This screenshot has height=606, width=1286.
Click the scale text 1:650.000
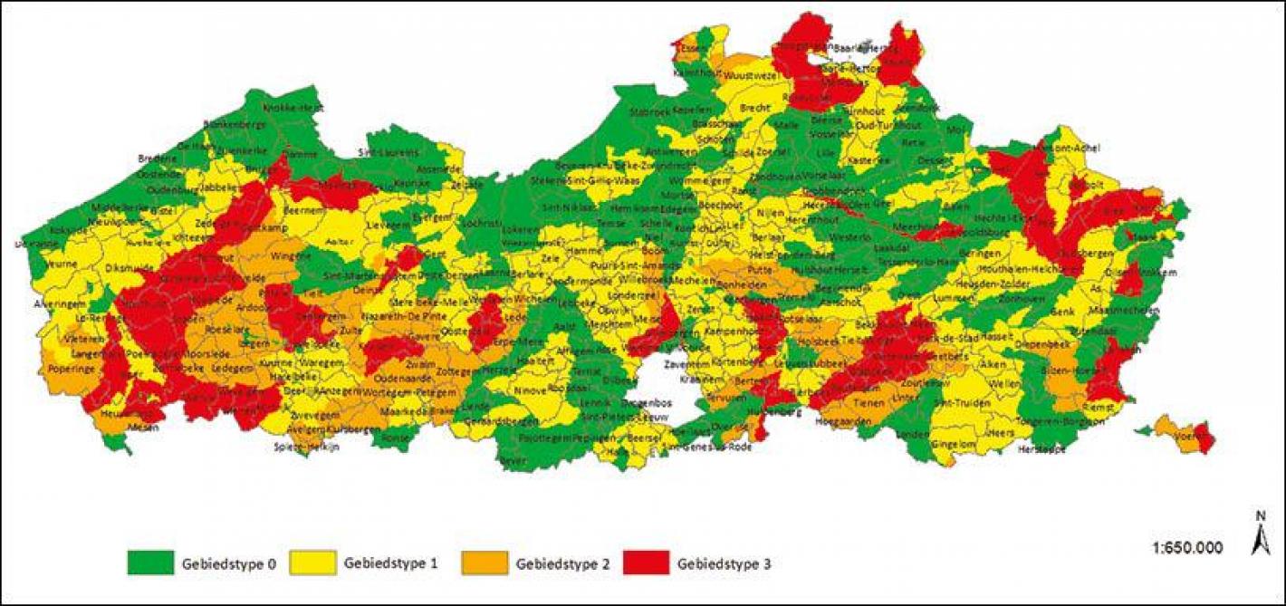pos(1187,547)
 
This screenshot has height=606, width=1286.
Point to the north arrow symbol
pos(1260,534)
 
